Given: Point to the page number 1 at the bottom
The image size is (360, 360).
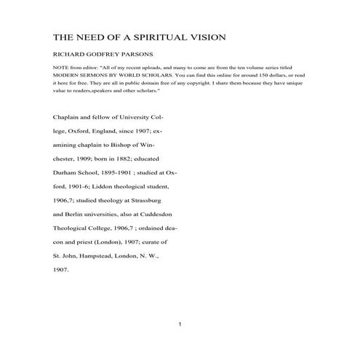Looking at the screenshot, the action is (x=180, y=324).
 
